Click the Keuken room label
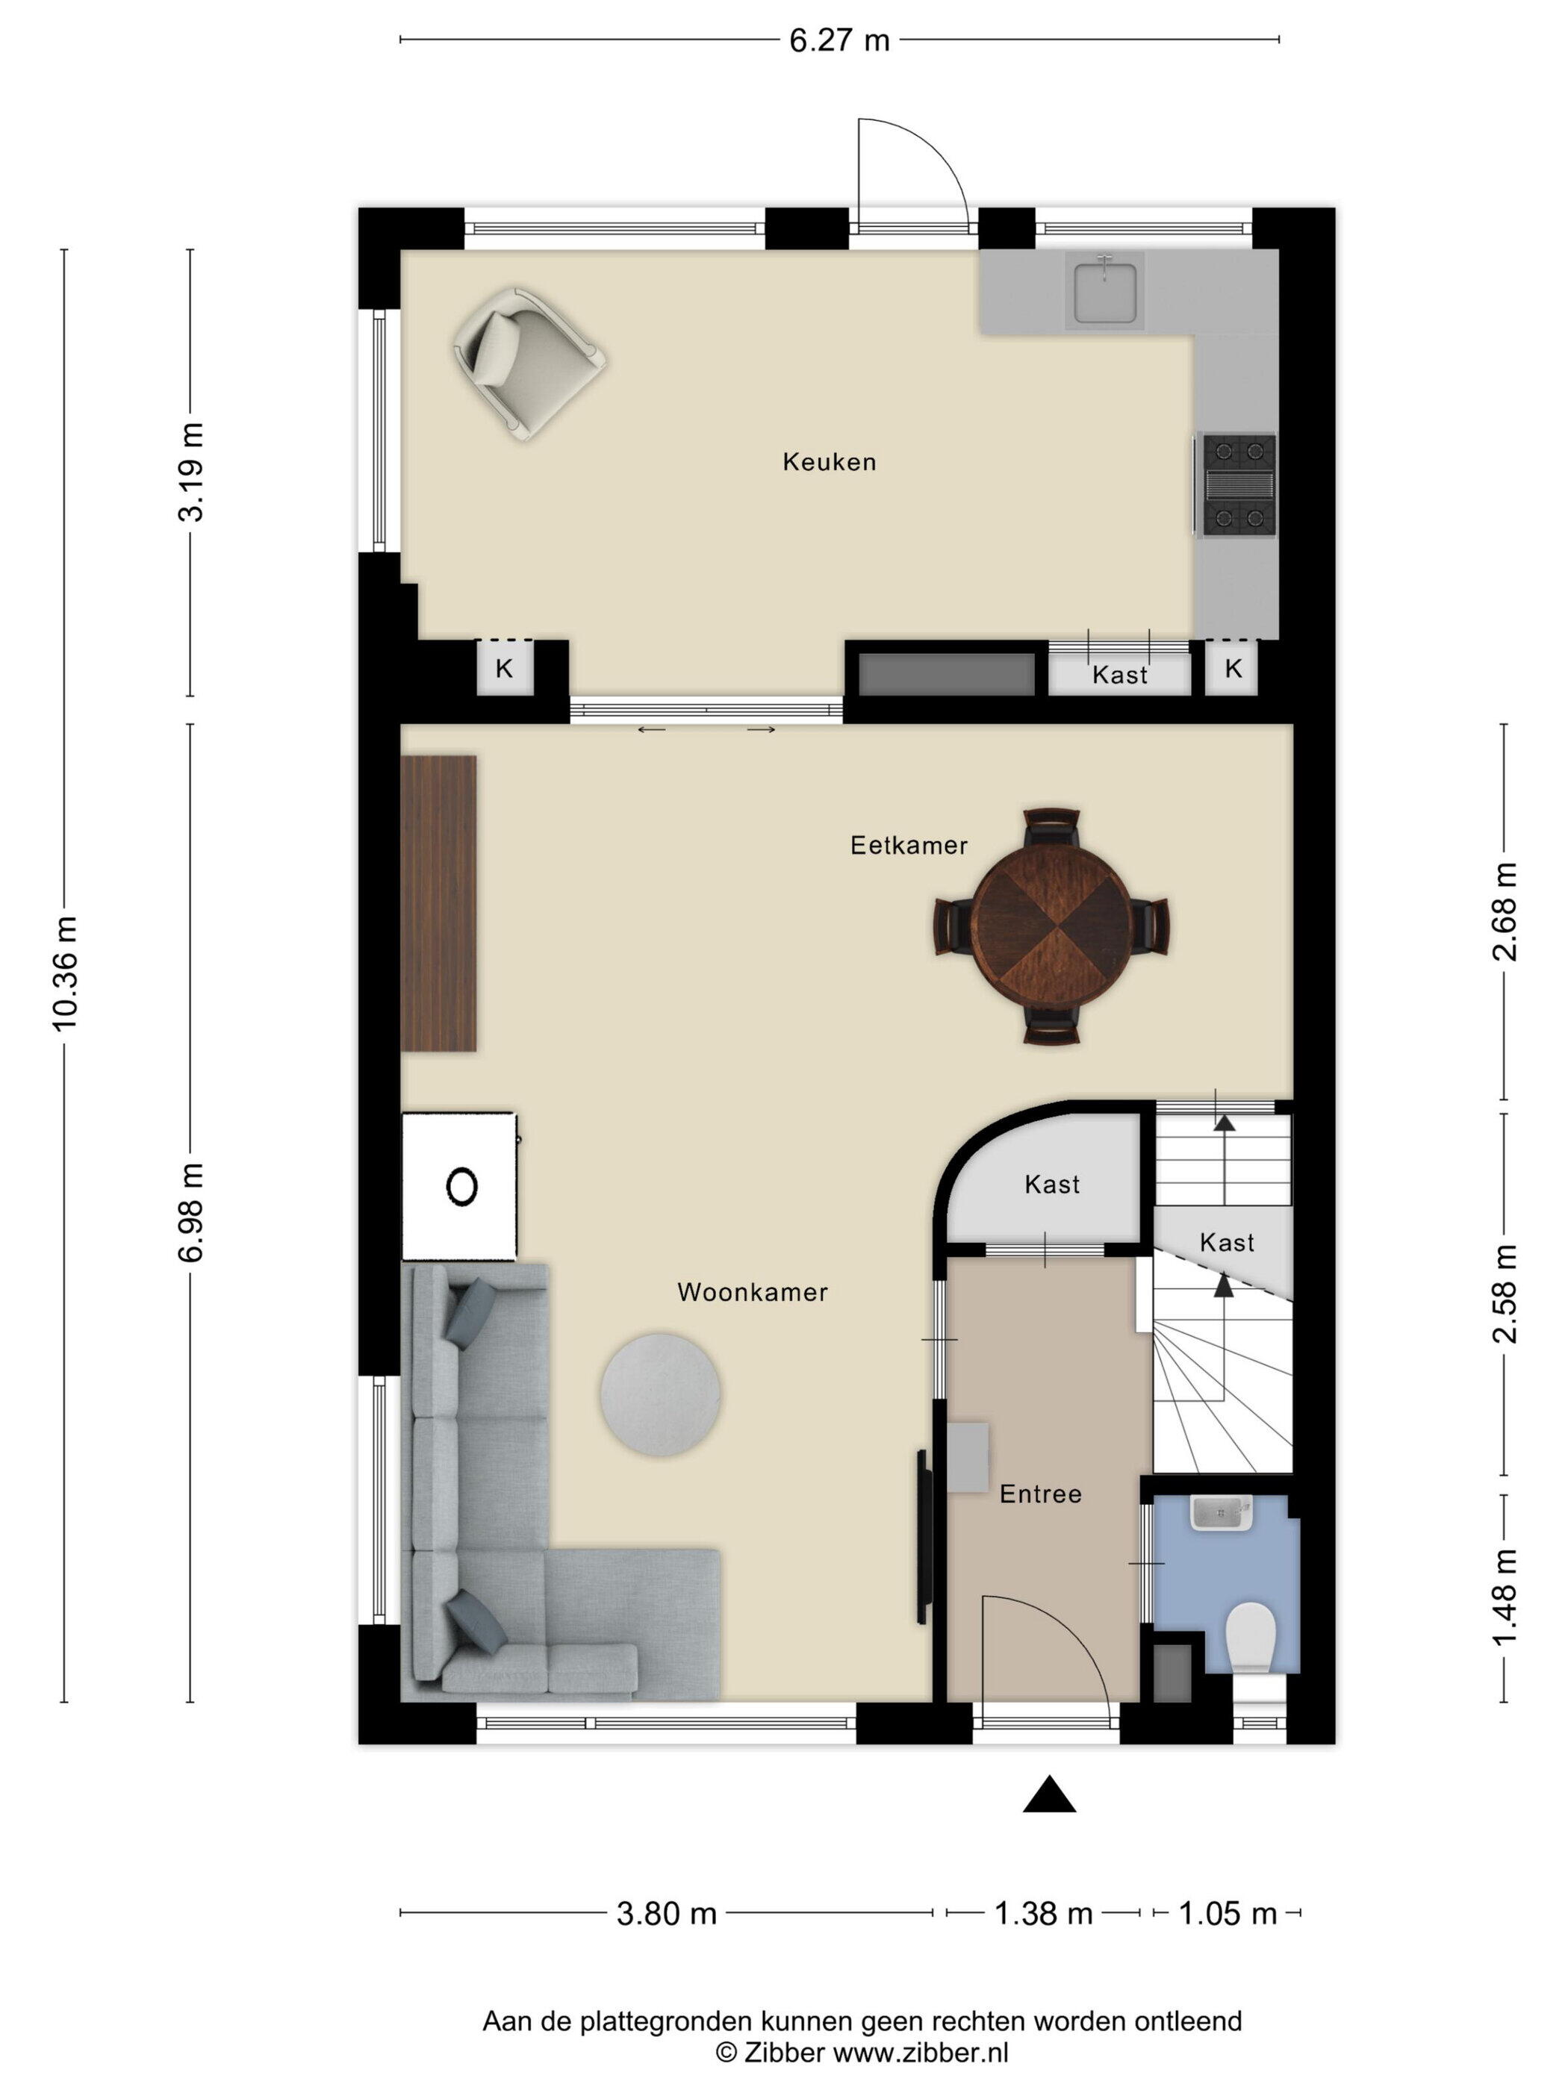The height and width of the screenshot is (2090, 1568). [x=829, y=462]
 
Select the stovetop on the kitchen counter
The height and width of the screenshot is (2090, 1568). [x=1237, y=484]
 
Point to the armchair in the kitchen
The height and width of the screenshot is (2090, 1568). [x=529, y=363]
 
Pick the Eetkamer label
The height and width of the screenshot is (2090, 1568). [x=908, y=845]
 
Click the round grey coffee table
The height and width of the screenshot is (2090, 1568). [x=661, y=1394]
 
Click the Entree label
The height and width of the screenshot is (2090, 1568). [x=1041, y=1494]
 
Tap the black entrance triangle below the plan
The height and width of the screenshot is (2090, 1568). [x=1049, y=1794]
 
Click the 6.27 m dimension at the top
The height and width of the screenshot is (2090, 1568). [x=840, y=40]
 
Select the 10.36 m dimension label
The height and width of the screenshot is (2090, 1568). [x=65, y=973]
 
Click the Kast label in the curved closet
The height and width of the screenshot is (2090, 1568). [x=1052, y=1185]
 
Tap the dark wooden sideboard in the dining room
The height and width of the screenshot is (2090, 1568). [x=438, y=902]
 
